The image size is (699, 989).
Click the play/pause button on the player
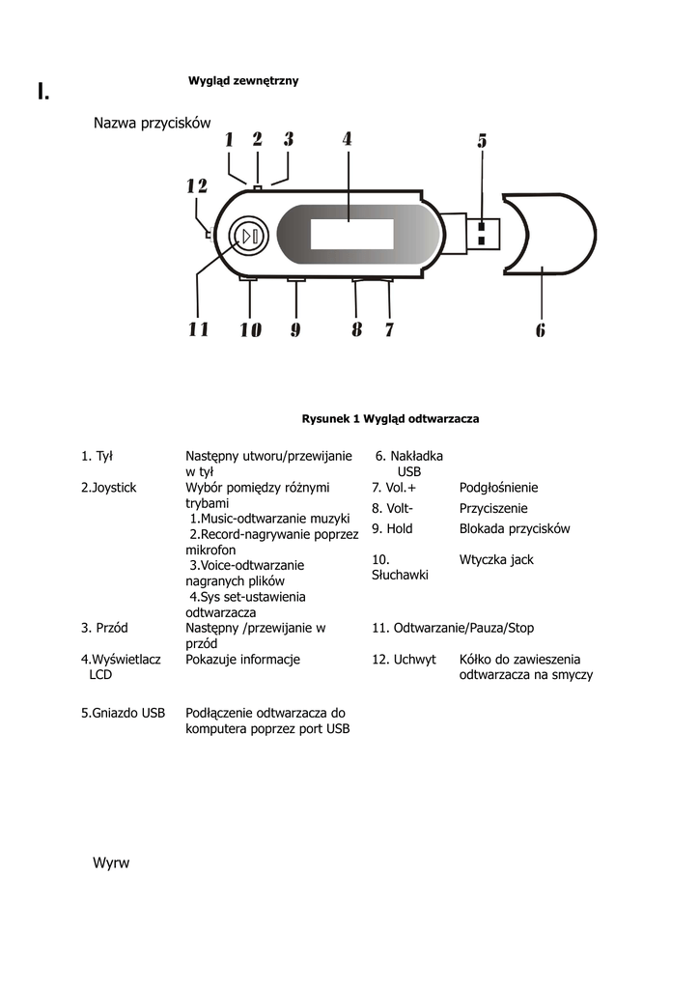(249, 236)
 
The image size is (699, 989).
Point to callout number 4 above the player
(347, 139)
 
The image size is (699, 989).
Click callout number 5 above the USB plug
(482, 141)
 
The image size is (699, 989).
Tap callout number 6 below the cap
(541, 330)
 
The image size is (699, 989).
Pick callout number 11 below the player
(198, 330)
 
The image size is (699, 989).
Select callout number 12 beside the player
(197, 185)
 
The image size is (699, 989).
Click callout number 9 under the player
(294, 330)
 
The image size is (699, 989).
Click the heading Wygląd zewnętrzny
(242, 81)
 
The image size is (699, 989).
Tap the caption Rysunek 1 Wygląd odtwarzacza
(390, 419)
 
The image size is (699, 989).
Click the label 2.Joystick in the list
(109, 488)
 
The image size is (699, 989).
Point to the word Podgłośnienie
(498, 488)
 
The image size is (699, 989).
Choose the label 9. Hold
(392, 528)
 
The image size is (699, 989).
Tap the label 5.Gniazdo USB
(123, 713)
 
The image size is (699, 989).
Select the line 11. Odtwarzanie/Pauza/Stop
(453, 628)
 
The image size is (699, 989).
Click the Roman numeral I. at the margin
(43, 93)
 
